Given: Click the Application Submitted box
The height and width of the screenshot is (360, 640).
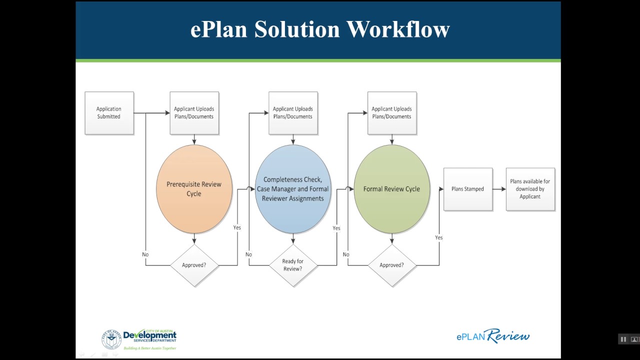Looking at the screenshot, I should [x=109, y=113].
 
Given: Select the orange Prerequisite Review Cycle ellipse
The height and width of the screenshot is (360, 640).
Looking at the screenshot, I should [x=194, y=189].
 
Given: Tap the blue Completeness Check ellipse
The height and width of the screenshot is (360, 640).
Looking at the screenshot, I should [x=293, y=189].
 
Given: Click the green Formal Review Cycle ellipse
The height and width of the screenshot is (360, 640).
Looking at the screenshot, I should [x=391, y=189].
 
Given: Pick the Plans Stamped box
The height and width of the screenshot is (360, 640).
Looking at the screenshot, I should [x=467, y=189].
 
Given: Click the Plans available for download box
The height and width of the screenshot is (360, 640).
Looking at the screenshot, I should [x=530, y=189].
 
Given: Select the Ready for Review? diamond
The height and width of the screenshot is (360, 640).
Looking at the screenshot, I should [x=293, y=265].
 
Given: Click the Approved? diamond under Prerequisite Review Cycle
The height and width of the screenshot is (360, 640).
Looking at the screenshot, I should [x=194, y=265].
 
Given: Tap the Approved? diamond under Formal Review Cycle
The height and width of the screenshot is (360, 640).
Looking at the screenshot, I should [x=391, y=265].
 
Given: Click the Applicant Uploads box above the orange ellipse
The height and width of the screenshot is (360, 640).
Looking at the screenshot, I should [x=194, y=113].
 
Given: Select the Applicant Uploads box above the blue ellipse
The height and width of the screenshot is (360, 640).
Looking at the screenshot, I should [x=293, y=113].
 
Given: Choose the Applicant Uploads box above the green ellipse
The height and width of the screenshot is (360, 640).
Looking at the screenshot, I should [x=391, y=113].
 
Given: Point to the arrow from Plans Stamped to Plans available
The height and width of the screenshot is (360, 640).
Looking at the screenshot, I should [x=499, y=189].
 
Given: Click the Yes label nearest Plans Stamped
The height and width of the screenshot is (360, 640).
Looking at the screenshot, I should [x=438, y=237].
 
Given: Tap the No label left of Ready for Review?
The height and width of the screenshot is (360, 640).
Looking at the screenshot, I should [x=248, y=254].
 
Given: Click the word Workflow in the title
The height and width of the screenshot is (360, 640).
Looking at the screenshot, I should [x=398, y=29].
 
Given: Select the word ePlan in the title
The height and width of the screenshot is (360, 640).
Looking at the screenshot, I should [x=218, y=29].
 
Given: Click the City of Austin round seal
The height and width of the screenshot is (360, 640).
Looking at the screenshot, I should [x=111, y=339].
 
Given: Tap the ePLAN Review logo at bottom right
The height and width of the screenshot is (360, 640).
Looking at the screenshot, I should [x=492, y=336].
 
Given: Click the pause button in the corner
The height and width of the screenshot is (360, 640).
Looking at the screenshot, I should [x=623, y=339].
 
